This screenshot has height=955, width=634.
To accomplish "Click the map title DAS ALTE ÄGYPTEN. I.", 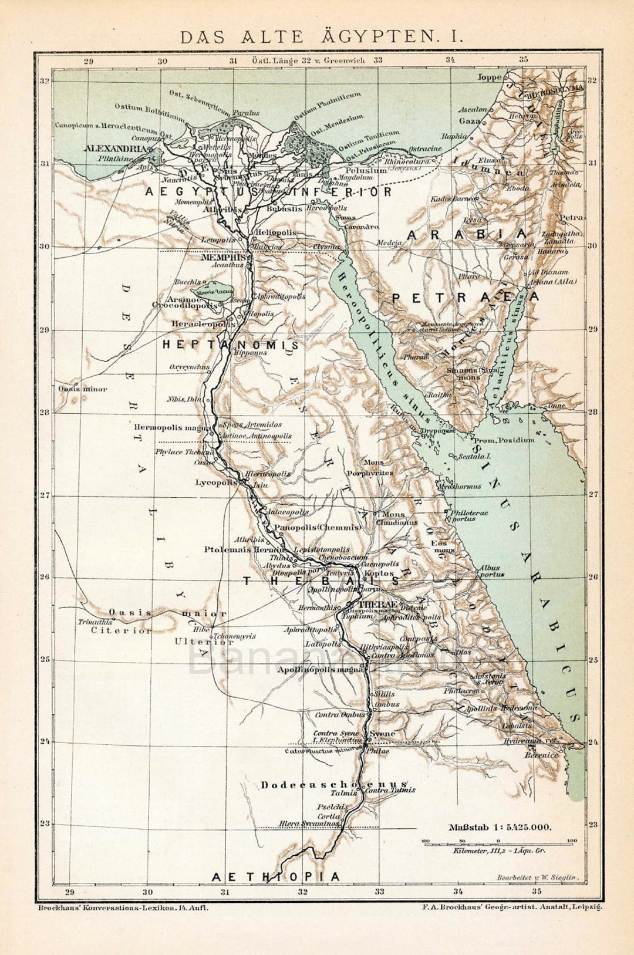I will pyautogui.click(x=321, y=36).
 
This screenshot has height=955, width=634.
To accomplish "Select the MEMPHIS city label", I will pyautogui.click(x=222, y=257).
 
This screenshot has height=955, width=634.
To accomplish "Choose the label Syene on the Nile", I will pyautogui.click(x=382, y=734).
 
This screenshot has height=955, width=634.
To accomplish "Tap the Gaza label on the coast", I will pyautogui.click(x=466, y=120).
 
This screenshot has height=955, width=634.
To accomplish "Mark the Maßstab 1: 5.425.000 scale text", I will pyautogui.click(x=500, y=828).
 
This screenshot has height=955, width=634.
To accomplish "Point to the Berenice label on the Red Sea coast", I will pyautogui.click(x=541, y=755).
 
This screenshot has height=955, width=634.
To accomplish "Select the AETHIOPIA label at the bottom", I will pyautogui.click(x=275, y=876).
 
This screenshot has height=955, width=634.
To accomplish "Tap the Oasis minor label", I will pyautogui.click(x=83, y=389).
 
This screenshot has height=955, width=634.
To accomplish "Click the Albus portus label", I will pyautogui.click(x=491, y=571).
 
